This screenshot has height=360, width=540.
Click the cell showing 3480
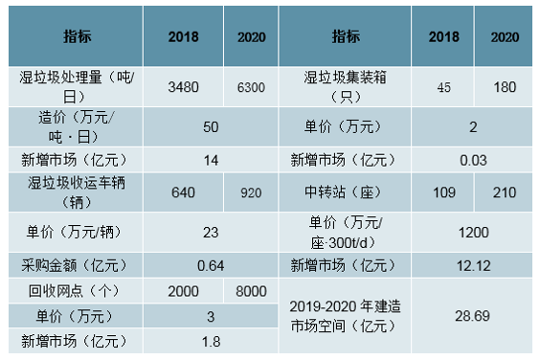point(183,87)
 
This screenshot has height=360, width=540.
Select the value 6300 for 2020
point(251,87)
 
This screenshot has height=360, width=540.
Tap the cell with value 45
point(444,87)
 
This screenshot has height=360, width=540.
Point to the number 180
point(505,87)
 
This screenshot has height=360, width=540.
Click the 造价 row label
point(76,127)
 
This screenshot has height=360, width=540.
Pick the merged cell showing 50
point(211,127)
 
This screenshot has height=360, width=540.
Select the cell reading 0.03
point(473,160)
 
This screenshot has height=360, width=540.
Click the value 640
point(183,192)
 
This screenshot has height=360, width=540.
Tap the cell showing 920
point(251,192)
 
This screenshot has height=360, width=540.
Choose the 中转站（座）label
point(345,192)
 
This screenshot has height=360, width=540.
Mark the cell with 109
point(444,192)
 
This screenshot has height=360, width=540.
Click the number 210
point(505,192)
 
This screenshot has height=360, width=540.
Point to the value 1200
point(474,233)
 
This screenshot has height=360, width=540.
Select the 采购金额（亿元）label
point(76,265)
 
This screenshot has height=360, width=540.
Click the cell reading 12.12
point(474,265)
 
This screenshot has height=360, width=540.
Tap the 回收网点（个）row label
point(76,291)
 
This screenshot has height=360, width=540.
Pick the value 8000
point(251,291)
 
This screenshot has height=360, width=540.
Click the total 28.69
point(473,316)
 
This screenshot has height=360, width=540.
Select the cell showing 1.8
point(211,342)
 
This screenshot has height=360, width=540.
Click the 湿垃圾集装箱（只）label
point(345,87)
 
